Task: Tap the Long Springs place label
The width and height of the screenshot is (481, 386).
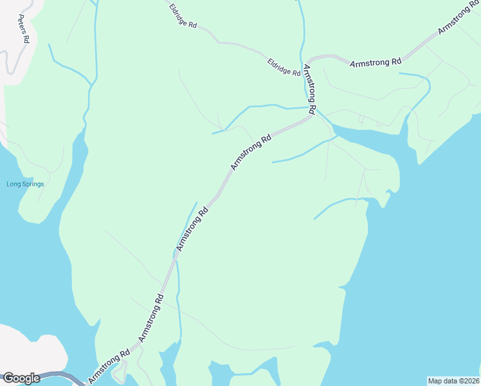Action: click(25, 184)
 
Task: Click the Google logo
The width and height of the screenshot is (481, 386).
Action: click(21, 378)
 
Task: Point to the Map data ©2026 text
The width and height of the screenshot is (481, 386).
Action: click(453, 380)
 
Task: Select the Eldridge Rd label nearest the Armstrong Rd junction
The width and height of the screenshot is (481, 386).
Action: click(284, 68)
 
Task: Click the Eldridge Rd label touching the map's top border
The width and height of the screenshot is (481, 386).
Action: click(183, 15)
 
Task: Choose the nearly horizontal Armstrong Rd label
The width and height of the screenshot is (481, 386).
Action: click(376, 62)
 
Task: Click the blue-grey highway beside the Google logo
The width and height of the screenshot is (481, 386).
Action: click(64, 375)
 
